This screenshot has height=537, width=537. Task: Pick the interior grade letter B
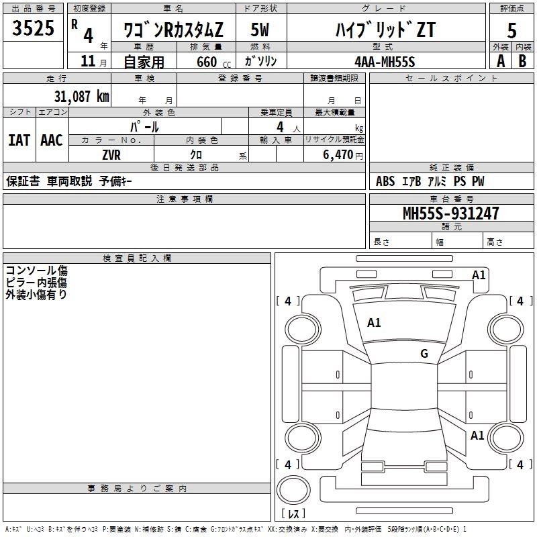523,60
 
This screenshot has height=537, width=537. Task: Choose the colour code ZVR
111,154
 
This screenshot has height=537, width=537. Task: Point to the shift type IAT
19,140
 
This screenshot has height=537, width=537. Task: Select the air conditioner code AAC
52,140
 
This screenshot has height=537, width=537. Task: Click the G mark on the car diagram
424,354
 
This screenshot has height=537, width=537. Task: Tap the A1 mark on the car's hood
374,323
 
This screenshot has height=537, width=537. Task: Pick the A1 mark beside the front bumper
479,275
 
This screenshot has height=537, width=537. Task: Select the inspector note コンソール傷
36,270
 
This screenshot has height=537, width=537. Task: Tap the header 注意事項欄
185,199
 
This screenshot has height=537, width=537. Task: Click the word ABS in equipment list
385,181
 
